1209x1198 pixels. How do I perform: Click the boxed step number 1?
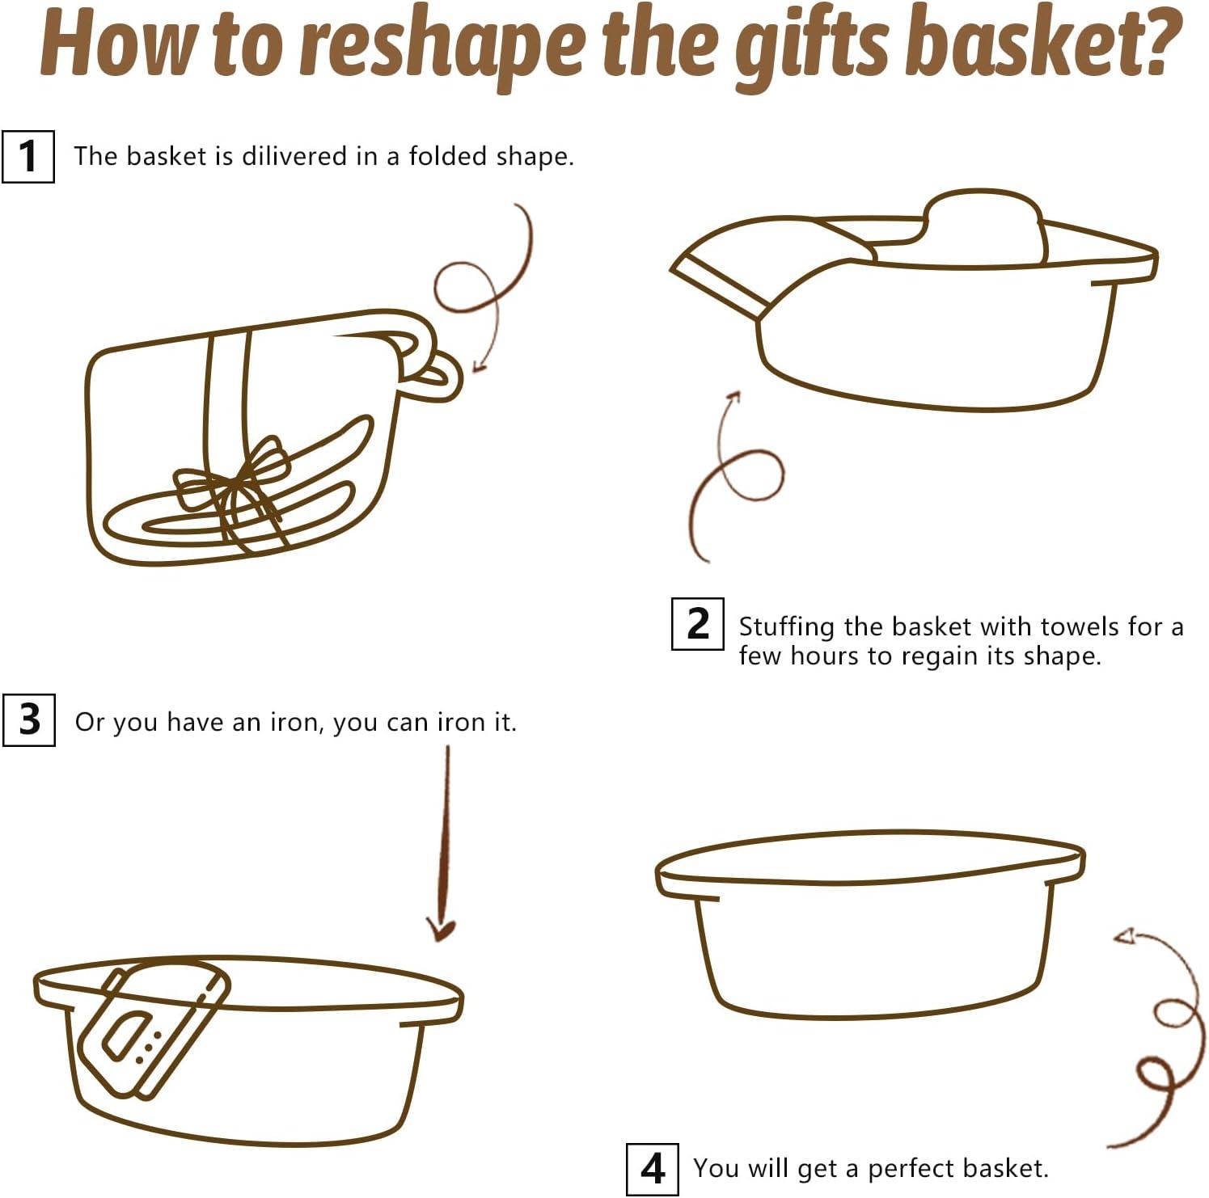(x=28, y=156)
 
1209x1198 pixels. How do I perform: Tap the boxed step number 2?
(x=697, y=623)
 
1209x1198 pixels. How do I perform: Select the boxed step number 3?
(x=29, y=719)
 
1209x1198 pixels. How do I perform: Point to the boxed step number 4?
(x=653, y=1168)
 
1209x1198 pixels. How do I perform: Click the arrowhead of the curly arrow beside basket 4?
(x=1124, y=936)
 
